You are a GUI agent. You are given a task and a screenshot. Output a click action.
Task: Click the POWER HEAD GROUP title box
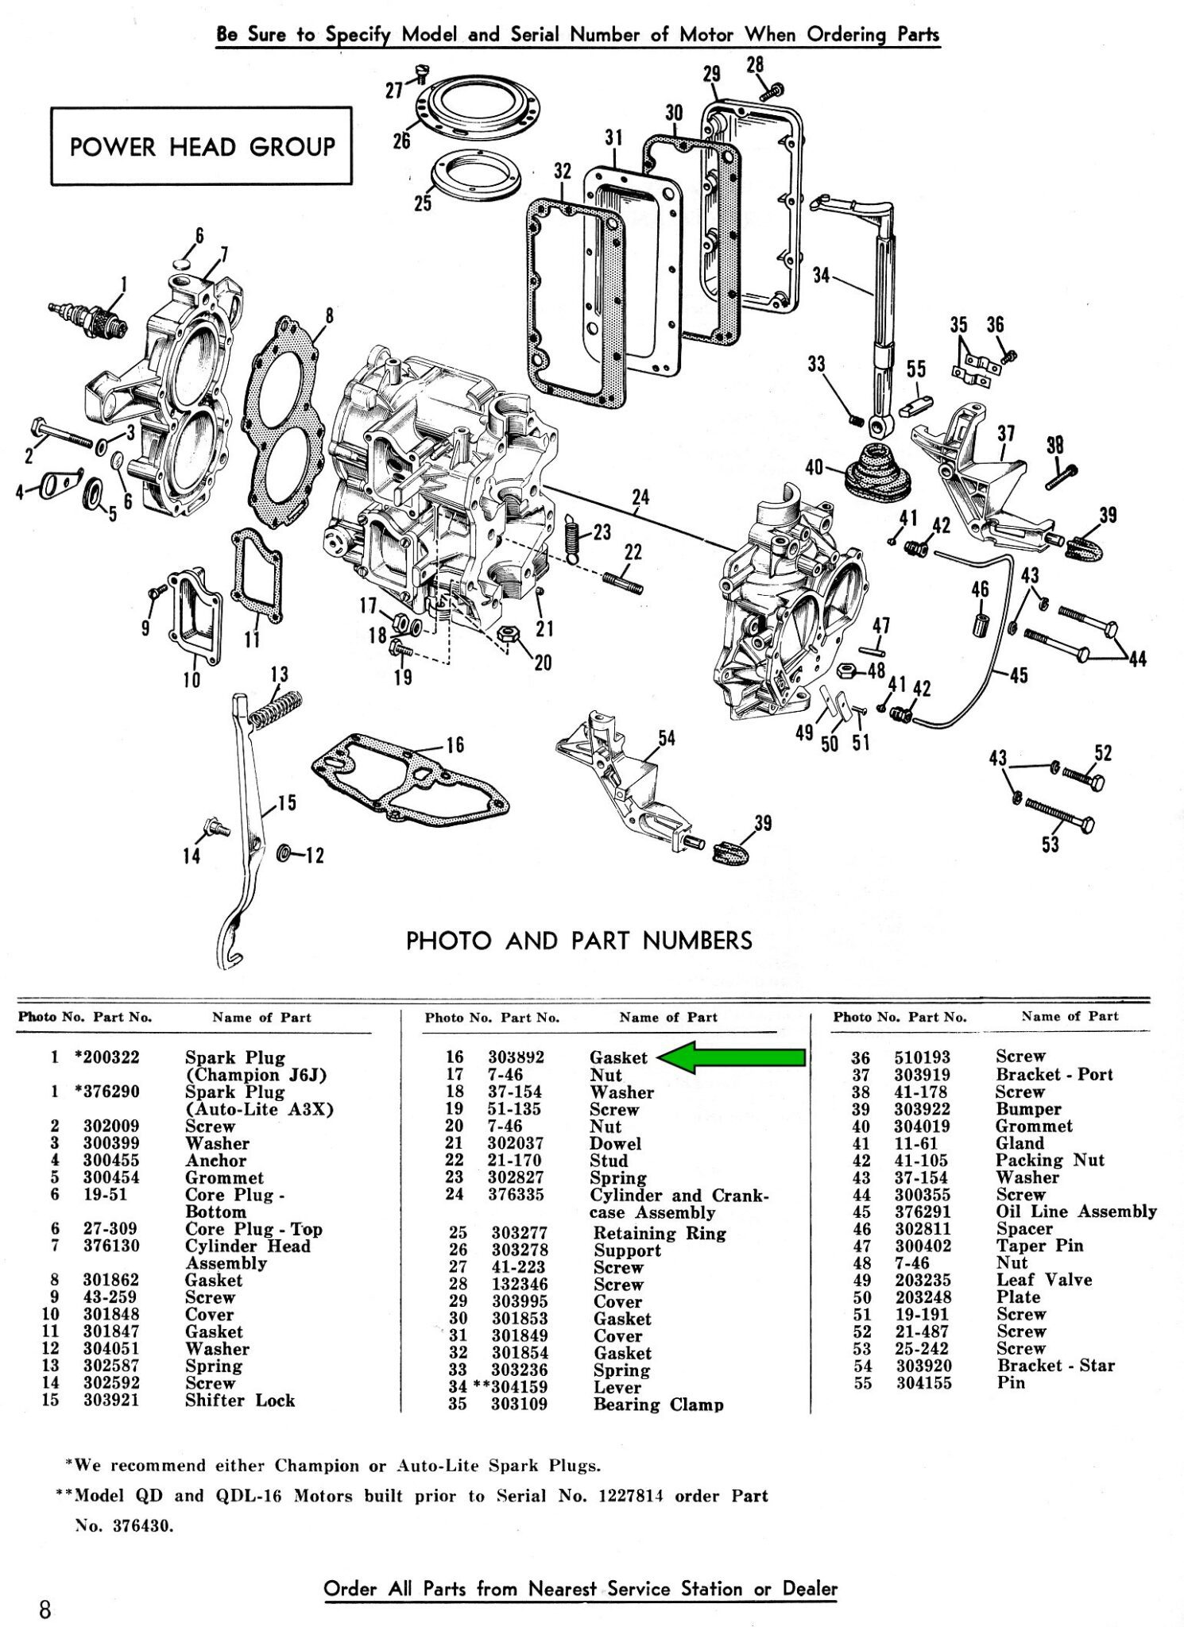[x=202, y=147]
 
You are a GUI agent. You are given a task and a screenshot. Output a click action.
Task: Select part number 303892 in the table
[x=516, y=1057]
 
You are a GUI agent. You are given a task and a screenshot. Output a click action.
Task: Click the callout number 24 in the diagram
[x=640, y=497]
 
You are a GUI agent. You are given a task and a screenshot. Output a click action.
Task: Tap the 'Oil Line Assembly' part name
[x=1076, y=1212]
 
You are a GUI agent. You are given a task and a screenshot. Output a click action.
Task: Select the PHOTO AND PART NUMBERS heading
[x=578, y=941]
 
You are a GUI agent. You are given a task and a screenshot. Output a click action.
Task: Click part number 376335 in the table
[x=516, y=1196]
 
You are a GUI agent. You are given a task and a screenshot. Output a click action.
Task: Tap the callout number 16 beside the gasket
[x=455, y=745]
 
